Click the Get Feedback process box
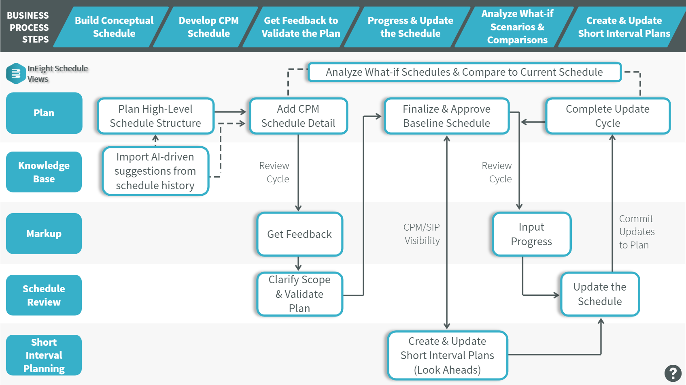coord(299,234)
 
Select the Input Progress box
coord(531,234)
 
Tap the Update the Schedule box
coord(600,294)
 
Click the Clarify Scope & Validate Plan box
coord(299,294)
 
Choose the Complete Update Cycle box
coord(607,116)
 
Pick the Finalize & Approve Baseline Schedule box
coord(446,116)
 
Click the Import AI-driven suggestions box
coord(155,171)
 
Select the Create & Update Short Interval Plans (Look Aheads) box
coord(447,355)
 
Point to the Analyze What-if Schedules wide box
coord(464,72)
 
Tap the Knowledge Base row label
coord(44,172)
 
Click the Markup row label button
coord(44,233)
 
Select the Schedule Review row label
coord(44,295)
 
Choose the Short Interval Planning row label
coord(44,355)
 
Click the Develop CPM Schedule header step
coord(208,27)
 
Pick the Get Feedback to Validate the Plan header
coord(301,27)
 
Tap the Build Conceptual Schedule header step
coord(114,27)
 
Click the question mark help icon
coord(673,373)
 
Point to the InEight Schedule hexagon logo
coord(16,73)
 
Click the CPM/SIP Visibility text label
coord(422,234)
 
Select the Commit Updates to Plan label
coord(636,232)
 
